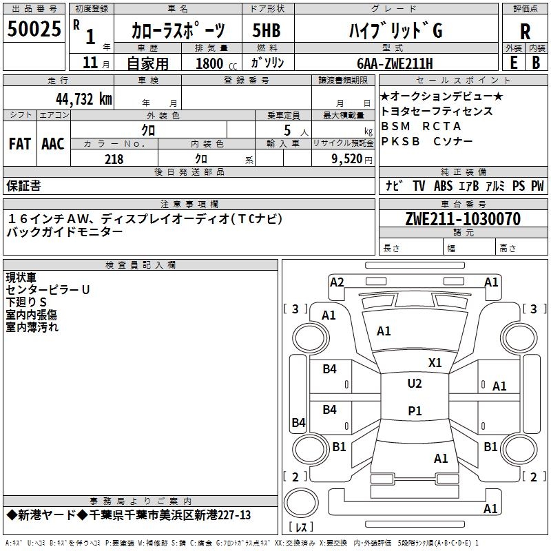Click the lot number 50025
34,29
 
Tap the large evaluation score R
525,31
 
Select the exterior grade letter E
513,62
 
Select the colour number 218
114,159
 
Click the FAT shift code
20,144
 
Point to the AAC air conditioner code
53,144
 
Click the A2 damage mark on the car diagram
337,282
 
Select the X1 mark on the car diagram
435,362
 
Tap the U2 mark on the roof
415,384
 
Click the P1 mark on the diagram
415,410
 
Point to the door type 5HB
267,31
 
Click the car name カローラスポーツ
178,31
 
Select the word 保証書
23,185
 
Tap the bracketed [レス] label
302,528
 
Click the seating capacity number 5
284,130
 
